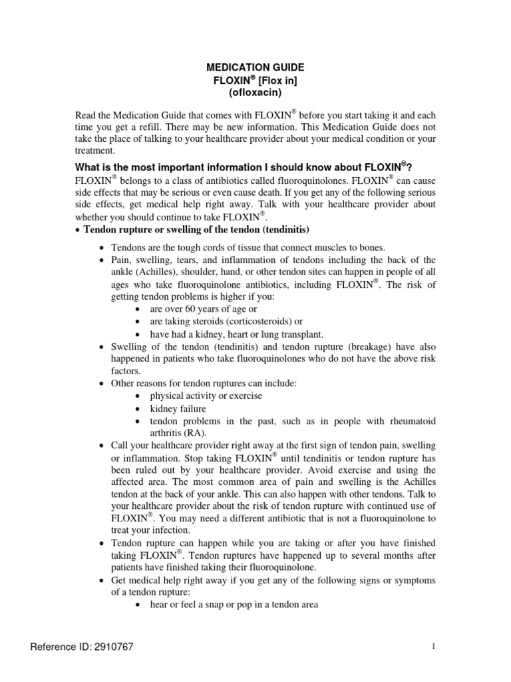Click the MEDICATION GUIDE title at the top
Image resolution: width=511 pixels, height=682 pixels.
click(255, 67)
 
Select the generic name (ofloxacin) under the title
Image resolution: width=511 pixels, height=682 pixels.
click(255, 92)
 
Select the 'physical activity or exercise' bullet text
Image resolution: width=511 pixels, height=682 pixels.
click(206, 396)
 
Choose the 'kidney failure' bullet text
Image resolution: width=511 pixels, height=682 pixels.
click(178, 408)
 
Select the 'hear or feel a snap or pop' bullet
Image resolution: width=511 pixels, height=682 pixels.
click(234, 605)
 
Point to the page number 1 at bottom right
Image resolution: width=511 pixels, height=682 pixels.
click(433, 647)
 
